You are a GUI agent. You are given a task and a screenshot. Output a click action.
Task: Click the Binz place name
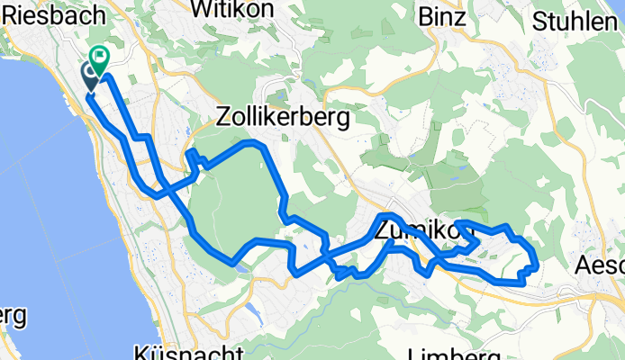click(442, 16)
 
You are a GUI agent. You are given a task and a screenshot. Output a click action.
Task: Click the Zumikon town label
click(423, 232)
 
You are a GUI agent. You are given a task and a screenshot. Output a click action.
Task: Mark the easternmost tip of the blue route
click(538, 265)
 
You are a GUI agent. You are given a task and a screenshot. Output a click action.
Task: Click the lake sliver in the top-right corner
click(620, 7)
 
